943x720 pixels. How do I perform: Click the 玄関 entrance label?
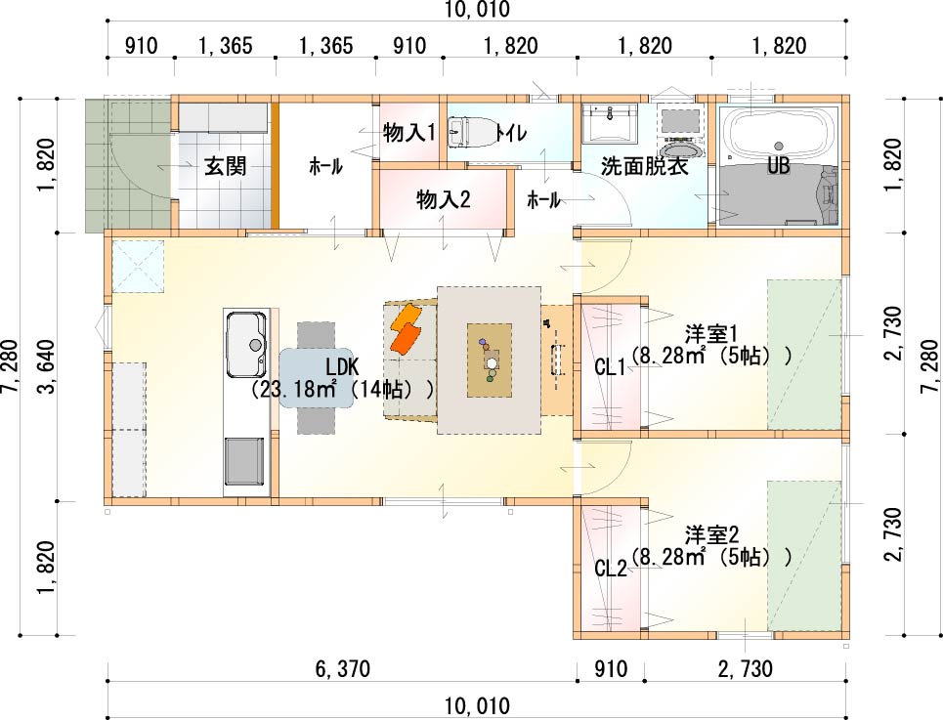pos(225,166)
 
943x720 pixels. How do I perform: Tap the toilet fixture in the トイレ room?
pos(471,131)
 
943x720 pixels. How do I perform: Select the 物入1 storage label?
pos(408,133)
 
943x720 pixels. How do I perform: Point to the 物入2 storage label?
pos(444,199)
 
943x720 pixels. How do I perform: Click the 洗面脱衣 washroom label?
pos(645,166)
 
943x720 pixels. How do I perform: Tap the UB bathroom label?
pos(778,165)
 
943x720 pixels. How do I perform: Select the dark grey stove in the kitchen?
pos(244,461)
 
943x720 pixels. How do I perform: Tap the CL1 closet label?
pos(611,366)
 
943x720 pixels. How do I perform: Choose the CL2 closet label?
pos(611,568)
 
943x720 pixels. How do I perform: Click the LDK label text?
pos(342,366)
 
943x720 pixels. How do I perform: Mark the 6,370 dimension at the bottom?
pos(343,668)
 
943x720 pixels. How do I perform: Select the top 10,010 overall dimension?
pos(477,10)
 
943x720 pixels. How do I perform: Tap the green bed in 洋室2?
pos(804,556)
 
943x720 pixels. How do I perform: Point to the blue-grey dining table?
pos(316,378)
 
